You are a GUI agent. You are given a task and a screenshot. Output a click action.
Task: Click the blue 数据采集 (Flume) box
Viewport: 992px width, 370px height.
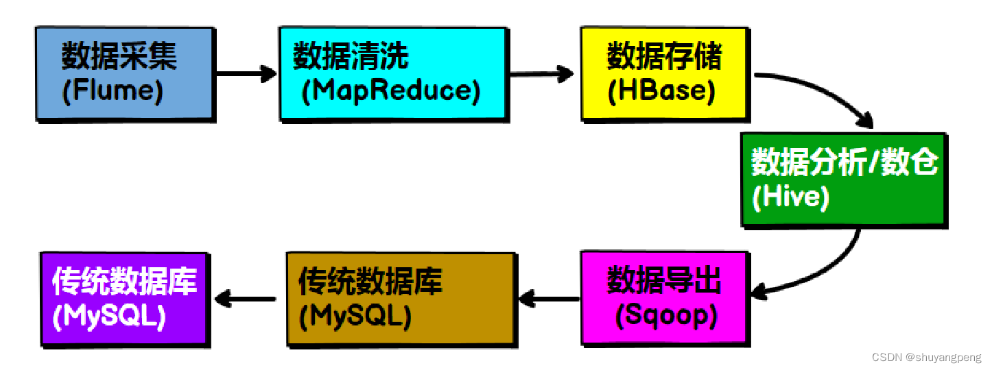pos(124,73)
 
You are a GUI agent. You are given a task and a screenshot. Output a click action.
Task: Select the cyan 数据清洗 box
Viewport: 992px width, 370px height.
pos(392,73)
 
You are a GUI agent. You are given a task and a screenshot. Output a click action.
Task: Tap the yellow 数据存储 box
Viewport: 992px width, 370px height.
pos(663,73)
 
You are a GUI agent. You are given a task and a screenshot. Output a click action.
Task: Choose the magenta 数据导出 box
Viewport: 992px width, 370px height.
pos(663,297)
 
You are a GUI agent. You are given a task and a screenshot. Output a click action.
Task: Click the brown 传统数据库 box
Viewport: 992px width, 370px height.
pos(400,297)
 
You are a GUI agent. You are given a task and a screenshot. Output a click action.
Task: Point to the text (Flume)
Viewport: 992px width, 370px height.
pos(113,92)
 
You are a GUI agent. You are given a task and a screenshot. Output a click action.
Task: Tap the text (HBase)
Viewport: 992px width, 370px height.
pos(661,92)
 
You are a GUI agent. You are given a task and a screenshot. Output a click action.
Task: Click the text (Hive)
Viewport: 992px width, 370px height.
pos(790,197)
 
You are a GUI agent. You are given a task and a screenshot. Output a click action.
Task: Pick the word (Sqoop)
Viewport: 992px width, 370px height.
pos(666,315)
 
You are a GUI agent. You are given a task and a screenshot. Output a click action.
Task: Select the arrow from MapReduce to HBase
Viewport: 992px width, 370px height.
pos(542,74)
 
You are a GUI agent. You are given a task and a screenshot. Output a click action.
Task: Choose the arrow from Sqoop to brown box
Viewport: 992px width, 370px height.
pos(549,298)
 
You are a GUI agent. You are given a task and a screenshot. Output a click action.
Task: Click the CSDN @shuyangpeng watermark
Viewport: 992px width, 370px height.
pos(926,357)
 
